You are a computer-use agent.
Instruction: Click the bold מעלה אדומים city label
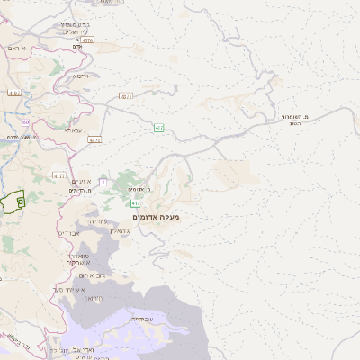tap(157, 217)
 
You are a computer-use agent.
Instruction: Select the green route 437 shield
tap(158, 128)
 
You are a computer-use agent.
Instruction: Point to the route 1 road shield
tap(103, 183)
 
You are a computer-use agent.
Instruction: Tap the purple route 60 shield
tap(26, 122)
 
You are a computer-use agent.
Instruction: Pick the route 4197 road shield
tap(13, 93)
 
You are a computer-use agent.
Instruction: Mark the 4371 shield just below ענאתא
tap(95, 139)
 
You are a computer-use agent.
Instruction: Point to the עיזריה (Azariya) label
tap(98, 220)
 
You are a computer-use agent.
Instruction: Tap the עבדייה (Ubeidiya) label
tap(143, 318)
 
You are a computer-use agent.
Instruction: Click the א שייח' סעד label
tap(68, 290)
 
